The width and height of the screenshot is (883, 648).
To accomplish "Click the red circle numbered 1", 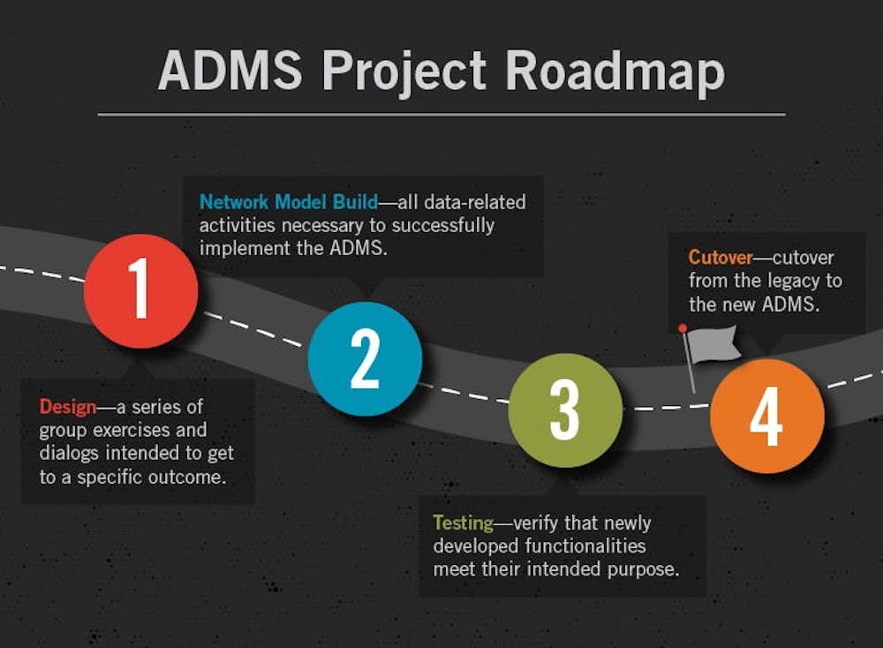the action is tap(140, 291).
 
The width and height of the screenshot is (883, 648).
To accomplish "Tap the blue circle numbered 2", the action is tap(365, 358).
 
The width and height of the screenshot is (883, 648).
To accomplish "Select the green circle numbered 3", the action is tap(565, 411).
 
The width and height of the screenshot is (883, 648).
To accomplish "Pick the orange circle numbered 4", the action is tap(767, 416).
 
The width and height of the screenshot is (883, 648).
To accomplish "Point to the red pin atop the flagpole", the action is tap(683, 328).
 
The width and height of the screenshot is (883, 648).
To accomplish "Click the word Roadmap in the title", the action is tap(615, 72).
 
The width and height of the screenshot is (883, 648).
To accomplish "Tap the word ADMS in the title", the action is tap(230, 71).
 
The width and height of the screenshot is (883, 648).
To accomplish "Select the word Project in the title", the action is tap(404, 72).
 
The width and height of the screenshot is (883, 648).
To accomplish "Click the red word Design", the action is tap(68, 406).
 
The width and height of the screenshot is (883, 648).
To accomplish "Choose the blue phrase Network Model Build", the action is tap(289, 201).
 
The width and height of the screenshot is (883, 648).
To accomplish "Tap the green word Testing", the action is tap(464, 523).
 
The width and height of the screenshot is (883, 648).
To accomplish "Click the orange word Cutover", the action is tap(721, 257).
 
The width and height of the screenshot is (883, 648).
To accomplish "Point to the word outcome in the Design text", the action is tap(187, 478).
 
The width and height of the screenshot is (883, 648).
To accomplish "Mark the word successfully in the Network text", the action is tap(442, 226).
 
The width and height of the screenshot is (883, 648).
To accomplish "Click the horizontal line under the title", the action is tap(441, 115).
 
